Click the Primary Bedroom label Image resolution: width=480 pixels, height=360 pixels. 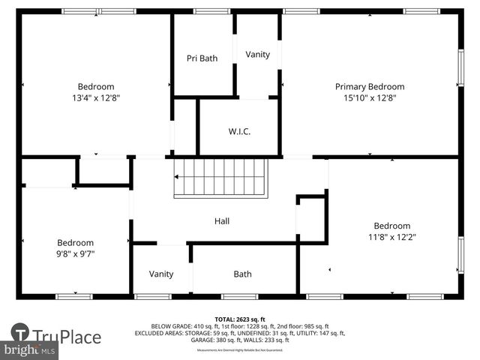pos(369,87)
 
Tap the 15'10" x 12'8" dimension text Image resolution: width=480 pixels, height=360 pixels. pos(369,98)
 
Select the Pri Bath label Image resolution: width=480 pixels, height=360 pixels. pos(202,58)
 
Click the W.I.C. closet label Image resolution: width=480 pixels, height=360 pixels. pos(239,132)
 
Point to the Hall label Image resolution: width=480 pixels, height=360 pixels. pos(222,221)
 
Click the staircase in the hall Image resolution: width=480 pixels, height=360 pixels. pos(220,178)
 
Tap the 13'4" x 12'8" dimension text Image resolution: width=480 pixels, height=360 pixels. pos(96,98)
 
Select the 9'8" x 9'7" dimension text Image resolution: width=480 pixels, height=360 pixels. pos(76,254)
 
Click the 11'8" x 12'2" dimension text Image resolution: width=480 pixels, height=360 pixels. pos(392,237)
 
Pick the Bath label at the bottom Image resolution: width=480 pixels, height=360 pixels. pos(242,274)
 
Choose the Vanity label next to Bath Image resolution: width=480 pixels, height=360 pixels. pos(161,274)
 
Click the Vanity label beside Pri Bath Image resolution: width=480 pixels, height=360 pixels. pos(257,55)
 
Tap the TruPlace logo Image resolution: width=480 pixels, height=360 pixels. pos(56,336)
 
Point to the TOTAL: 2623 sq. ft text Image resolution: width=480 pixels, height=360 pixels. pos(239,319)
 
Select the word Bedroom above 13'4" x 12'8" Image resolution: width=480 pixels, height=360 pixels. pos(96,87)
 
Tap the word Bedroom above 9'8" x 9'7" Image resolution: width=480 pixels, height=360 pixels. pos(76,243)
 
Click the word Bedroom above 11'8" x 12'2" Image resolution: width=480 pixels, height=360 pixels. pos(392,226)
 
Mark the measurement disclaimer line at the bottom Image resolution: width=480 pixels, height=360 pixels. pos(239,350)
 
